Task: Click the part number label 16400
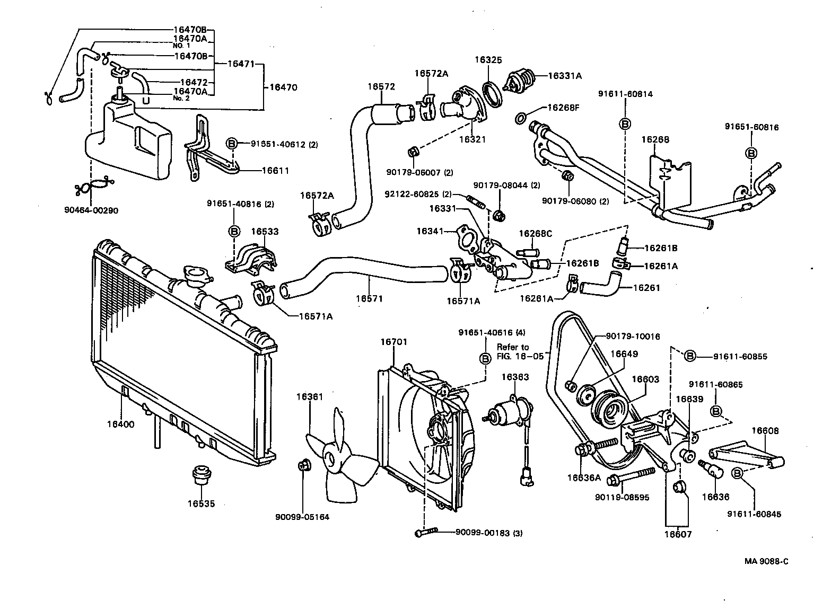pyautogui.click(x=120, y=424)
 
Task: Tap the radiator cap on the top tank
pyautogui.click(x=196, y=275)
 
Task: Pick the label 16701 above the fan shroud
pyautogui.click(x=393, y=342)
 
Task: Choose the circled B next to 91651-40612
pyautogui.click(x=232, y=143)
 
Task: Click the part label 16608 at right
pyautogui.click(x=765, y=431)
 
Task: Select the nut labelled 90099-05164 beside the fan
pyautogui.click(x=304, y=466)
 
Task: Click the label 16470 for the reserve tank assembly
pyautogui.click(x=284, y=87)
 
